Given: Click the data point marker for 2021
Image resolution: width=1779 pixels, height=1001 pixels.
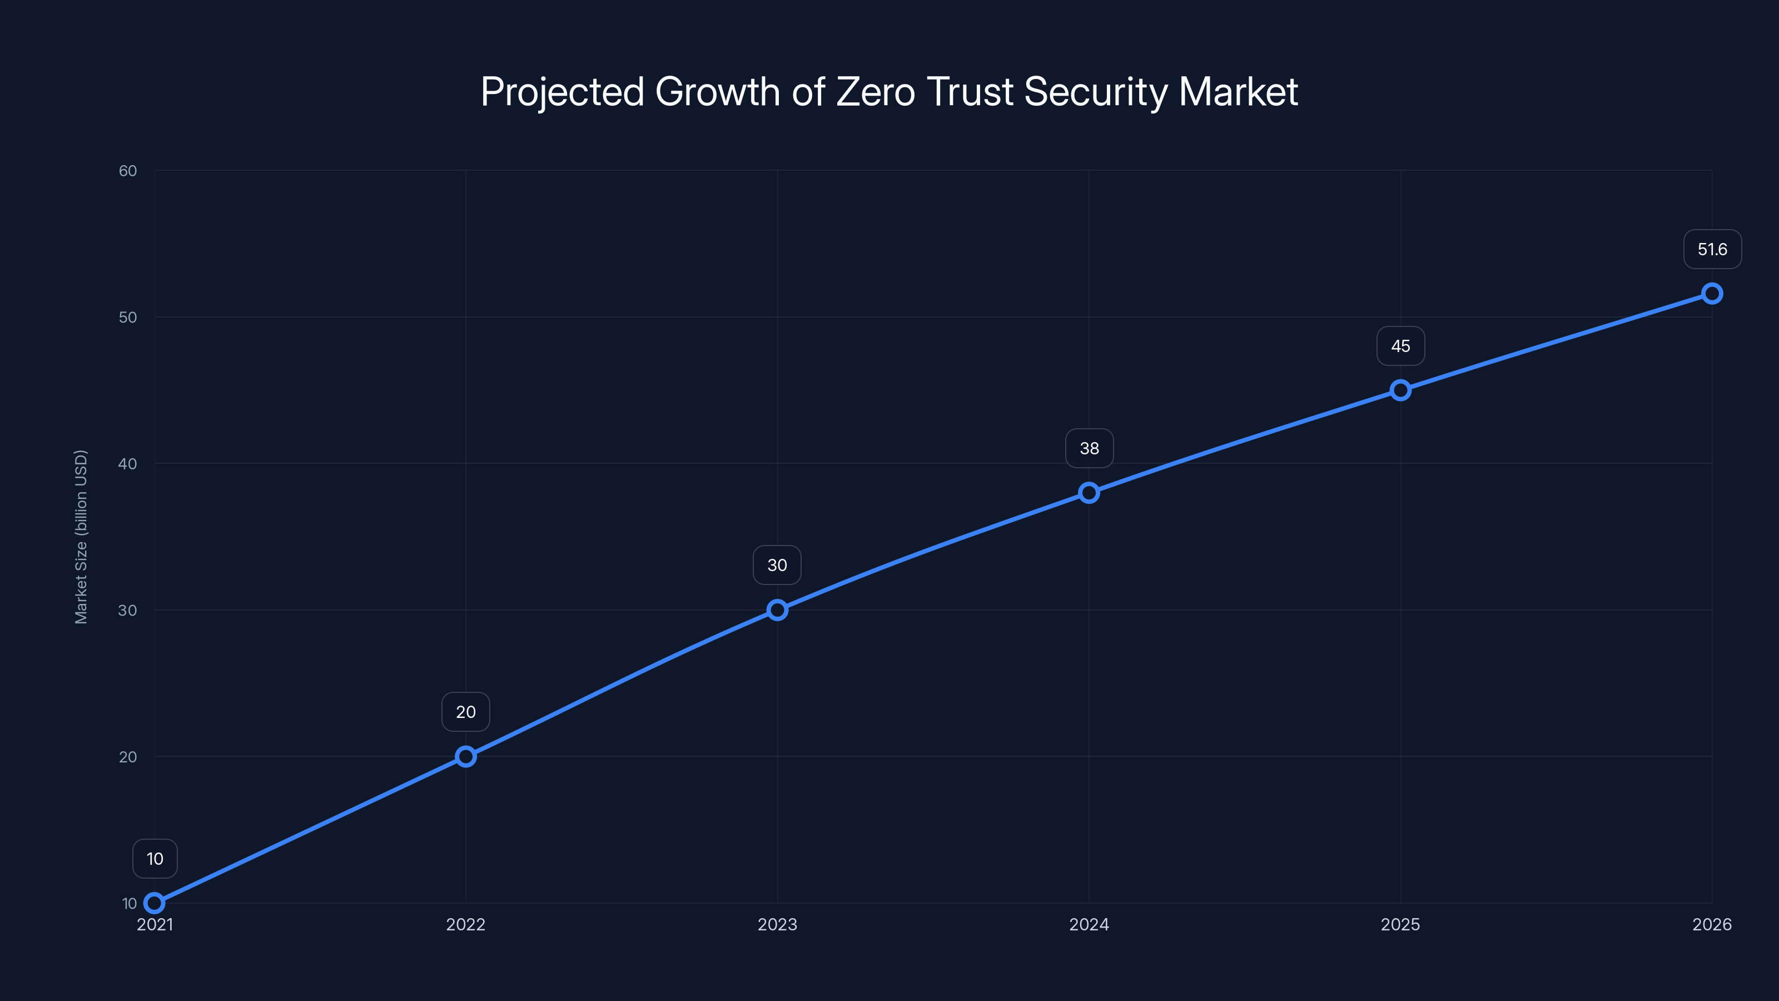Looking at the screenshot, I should coord(154,903).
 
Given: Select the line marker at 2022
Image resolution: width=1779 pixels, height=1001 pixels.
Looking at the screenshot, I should coord(465,756).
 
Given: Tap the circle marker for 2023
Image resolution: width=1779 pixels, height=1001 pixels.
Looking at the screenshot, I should coord(777,610).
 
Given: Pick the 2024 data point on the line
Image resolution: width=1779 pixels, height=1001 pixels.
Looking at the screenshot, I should coord(1089,493).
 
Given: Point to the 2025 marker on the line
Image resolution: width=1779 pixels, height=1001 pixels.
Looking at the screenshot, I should coord(1400,390).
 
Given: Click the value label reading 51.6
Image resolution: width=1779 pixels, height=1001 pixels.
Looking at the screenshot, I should coord(1712,249).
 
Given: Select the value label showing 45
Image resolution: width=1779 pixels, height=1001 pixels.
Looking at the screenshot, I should coord(1400,346).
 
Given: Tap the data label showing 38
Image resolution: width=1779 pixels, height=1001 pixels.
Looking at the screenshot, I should coord(1089,448).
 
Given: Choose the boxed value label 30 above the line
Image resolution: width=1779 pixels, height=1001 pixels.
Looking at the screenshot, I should coord(777,565).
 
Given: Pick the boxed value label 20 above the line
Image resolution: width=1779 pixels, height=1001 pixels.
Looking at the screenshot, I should coord(465,712).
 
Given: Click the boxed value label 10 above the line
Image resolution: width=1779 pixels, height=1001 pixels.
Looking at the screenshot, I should coord(155,859).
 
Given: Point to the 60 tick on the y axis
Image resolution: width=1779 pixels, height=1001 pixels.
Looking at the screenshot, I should coord(128,171).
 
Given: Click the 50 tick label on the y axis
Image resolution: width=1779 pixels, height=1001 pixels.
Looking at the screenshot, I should coord(128,317).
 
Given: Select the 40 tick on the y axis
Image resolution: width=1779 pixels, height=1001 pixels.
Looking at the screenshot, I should coord(128,464).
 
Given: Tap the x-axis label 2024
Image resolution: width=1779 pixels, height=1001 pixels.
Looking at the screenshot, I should coord(1089,924).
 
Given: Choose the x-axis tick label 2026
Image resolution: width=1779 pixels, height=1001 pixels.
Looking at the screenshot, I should coord(1711,924).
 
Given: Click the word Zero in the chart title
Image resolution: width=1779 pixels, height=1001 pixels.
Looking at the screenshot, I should coord(876,92).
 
